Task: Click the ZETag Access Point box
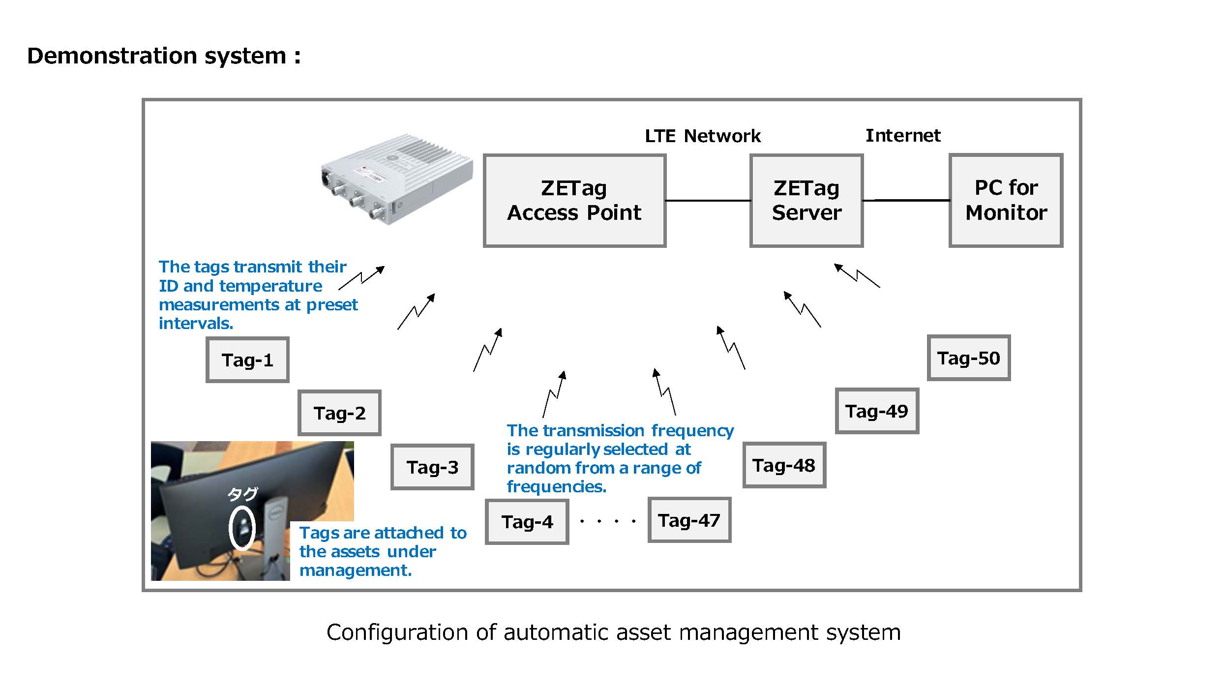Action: tap(574, 200)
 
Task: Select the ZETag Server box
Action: tap(806, 200)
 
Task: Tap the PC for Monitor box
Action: tap(1006, 200)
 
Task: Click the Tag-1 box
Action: tap(247, 360)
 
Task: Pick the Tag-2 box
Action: tap(339, 413)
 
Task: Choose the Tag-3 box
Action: tap(432, 467)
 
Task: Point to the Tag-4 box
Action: tap(527, 521)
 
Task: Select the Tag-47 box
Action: tap(689, 520)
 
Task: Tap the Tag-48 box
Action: tap(784, 465)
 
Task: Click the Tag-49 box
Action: tap(877, 411)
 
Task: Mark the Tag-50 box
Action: tap(969, 358)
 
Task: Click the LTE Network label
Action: tap(703, 136)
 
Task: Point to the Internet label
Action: tap(903, 135)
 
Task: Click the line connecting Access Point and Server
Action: tap(708, 201)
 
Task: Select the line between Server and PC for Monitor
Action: tap(906, 200)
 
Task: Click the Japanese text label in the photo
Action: tap(242, 494)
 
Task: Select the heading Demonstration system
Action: tap(164, 56)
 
